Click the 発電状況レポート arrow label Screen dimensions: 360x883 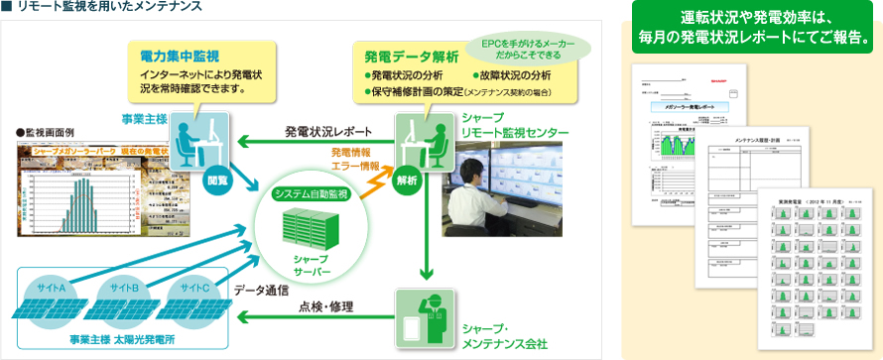click(x=328, y=131)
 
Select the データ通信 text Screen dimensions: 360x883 click(x=262, y=290)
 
